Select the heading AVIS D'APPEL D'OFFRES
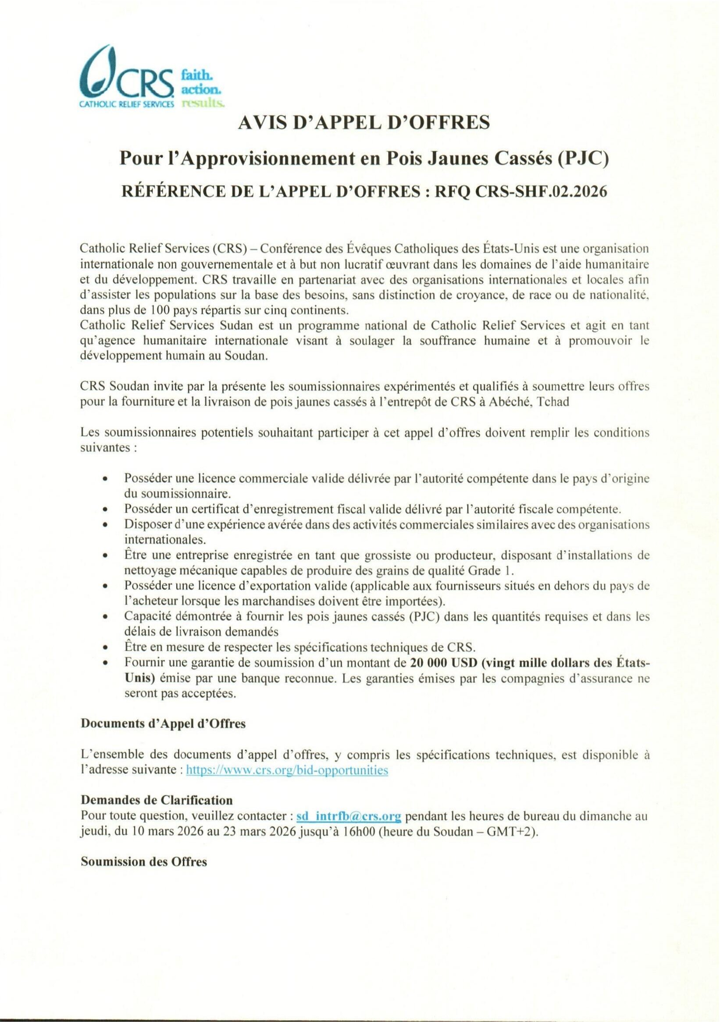[x=364, y=122]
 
